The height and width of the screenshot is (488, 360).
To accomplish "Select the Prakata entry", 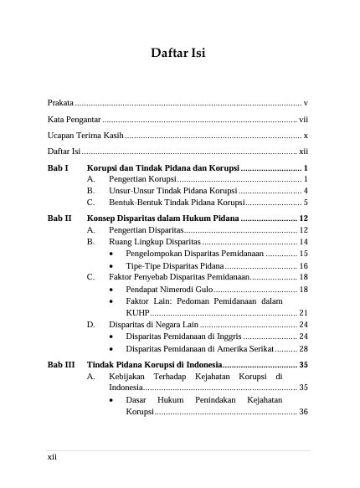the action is [x=60, y=102].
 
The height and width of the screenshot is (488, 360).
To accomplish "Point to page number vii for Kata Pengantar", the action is [x=304, y=119].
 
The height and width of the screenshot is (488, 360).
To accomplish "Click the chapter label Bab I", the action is [x=58, y=168].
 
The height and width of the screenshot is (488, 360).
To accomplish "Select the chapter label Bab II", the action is [x=59, y=218].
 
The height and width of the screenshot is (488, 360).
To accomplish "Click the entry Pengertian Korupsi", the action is [x=143, y=180].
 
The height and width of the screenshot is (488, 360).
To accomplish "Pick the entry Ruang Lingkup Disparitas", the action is [x=154, y=241].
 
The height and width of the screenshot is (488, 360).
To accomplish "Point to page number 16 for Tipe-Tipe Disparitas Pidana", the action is [x=304, y=265].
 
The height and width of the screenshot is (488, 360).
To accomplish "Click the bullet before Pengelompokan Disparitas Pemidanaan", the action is [x=113, y=253].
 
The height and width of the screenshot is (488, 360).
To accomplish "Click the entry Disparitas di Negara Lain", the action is [x=154, y=324].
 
